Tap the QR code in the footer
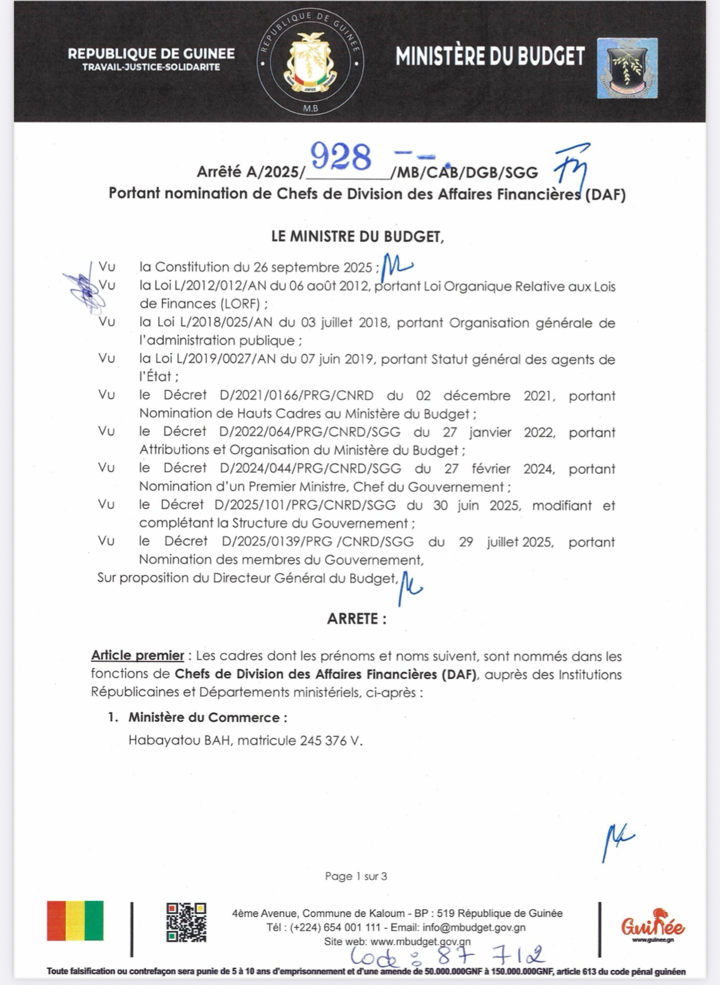[x=186, y=922]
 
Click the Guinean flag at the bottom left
[x=75, y=921]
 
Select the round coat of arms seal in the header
[x=310, y=62]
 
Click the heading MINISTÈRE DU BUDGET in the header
[x=490, y=57]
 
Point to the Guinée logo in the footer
[x=653, y=926]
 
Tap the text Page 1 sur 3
[x=356, y=876]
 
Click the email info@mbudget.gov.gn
[x=474, y=928]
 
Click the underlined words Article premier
[x=137, y=655]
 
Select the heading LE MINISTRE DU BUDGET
[x=358, y=236]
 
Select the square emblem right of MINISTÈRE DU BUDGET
[x=627, y=68]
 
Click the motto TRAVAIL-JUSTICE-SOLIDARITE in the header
[x=151, y=67]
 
